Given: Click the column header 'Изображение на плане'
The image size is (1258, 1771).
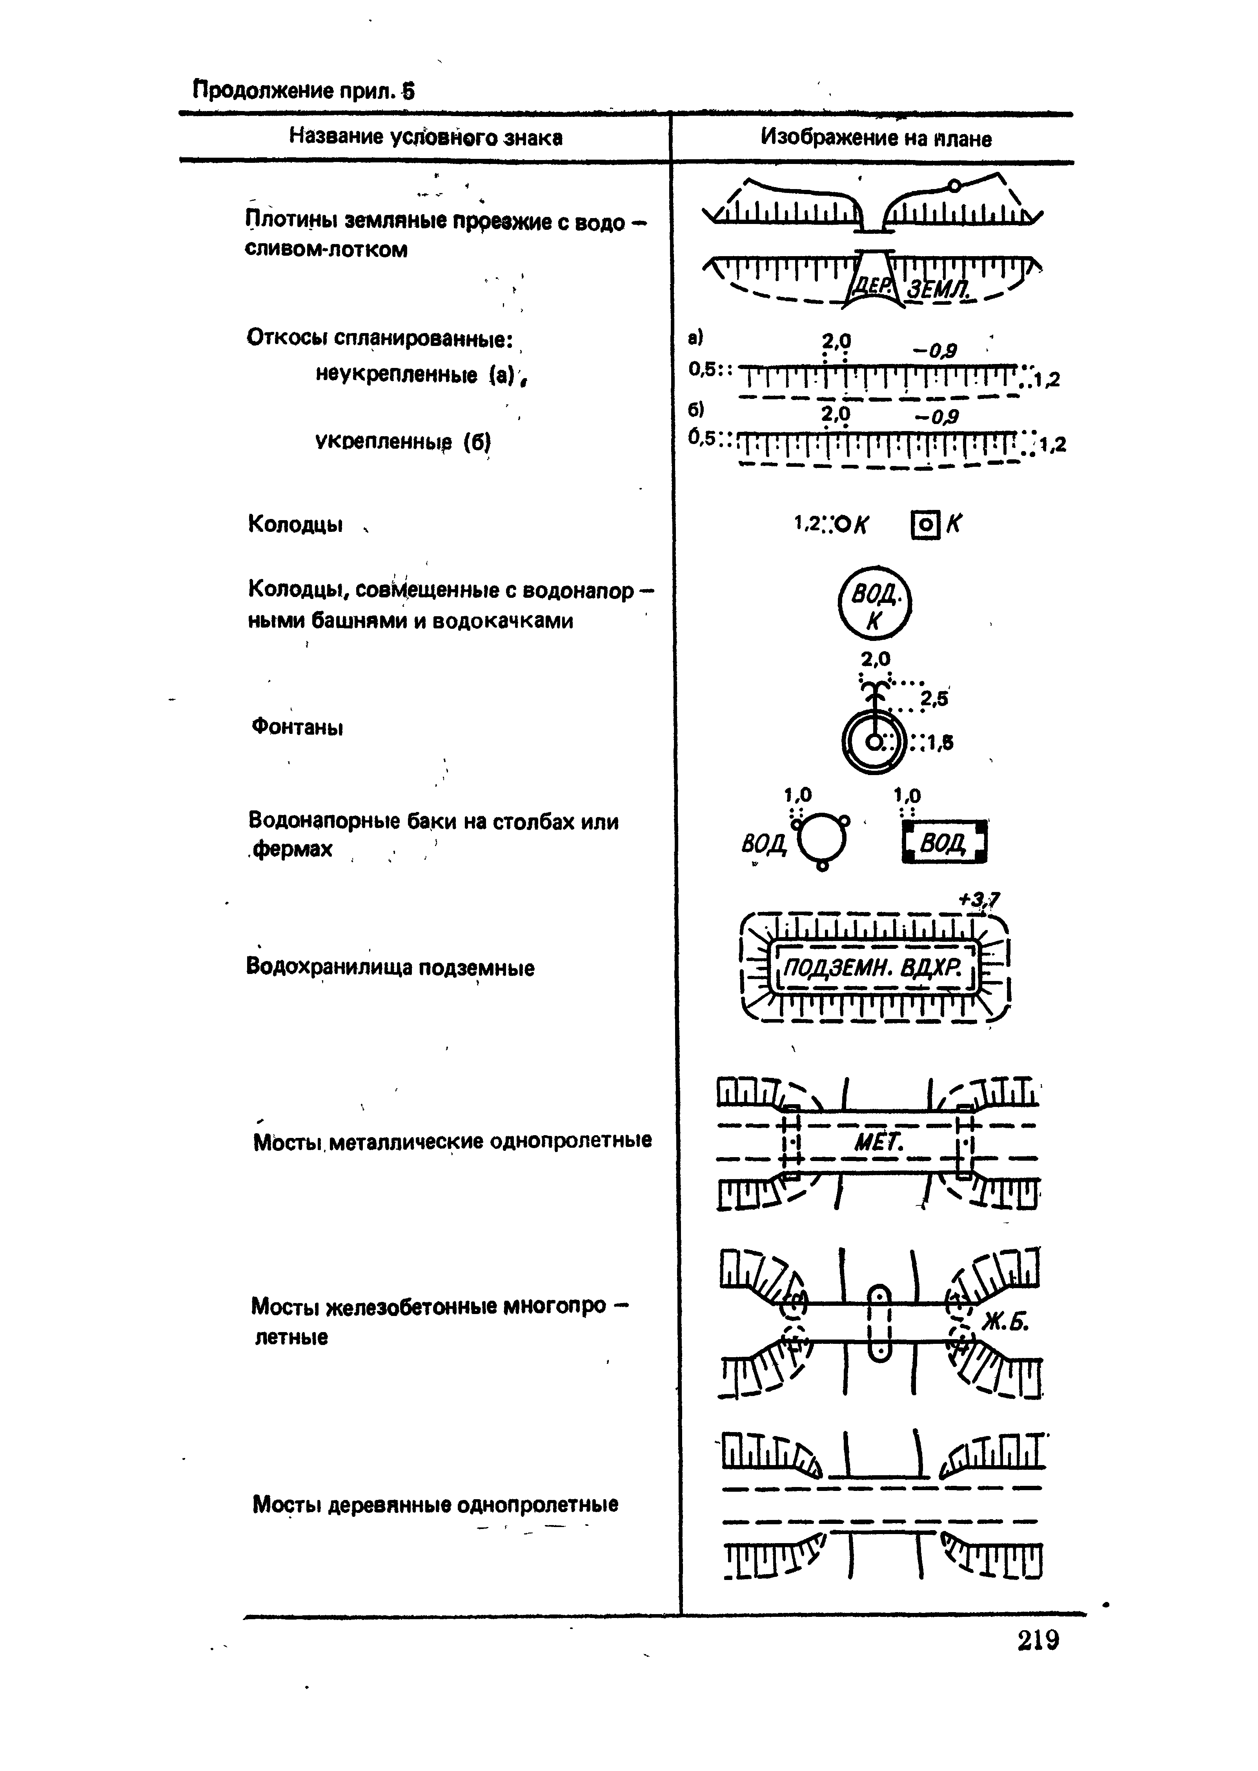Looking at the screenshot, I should coord(875,138).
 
